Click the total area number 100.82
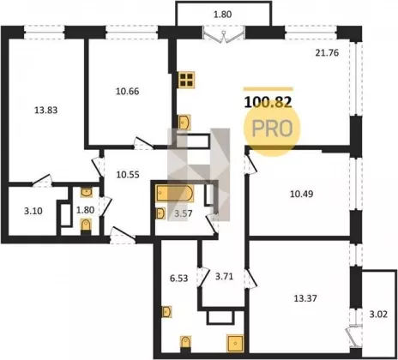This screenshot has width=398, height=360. [268, 102]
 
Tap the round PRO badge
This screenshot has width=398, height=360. [272, 128]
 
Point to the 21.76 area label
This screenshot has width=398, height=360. [327, 53]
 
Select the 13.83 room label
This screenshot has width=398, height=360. [45, 110]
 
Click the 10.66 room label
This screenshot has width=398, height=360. [128, 92]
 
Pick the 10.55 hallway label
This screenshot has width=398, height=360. [128, 175]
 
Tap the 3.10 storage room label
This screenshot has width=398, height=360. [33, 211]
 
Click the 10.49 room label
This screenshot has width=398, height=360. [302, 194]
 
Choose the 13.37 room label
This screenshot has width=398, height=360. [305, 298]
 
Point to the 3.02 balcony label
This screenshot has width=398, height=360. [378, 315]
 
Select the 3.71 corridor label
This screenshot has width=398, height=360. [224, 277]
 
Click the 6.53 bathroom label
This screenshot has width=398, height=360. [178, 279]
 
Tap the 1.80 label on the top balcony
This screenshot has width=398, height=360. [223, 15]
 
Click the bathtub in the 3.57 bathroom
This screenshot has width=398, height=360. [175, 194]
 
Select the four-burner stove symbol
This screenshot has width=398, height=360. [186, 80]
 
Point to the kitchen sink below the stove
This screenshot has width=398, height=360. [184, 123]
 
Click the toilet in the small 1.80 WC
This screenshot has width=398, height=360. [86, 226]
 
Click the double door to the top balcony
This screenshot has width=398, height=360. [224, 34]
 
